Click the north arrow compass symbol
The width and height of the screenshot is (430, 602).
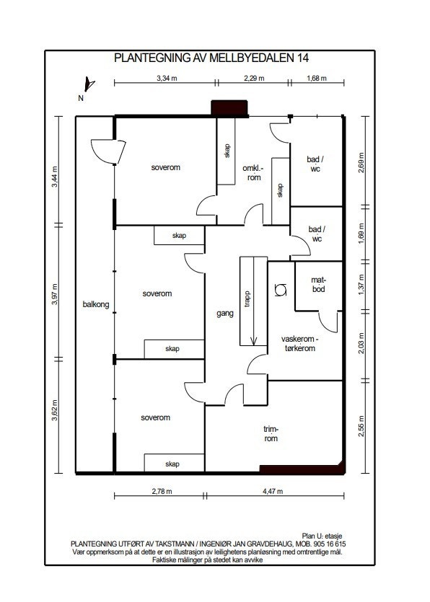(89, 84)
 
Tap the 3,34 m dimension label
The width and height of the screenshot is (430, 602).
(167, 79)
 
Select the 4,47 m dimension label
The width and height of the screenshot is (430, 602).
(273, 491)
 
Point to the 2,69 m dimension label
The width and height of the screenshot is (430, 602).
(361, 163)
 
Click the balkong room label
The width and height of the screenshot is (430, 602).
(96, 304)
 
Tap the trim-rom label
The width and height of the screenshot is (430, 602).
(271, 434)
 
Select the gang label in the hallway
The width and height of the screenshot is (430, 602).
(225, 314)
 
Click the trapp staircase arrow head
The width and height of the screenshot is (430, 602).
(253, 340)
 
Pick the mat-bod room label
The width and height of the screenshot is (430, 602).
(319, 285)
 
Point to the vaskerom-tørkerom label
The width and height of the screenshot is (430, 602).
(299, 344)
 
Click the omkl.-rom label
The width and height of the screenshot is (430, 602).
(253, 173)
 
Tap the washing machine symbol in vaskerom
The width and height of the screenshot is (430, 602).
(281, 290)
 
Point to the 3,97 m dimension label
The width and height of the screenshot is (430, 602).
(54, 294)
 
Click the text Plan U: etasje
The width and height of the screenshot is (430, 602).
(322, 536)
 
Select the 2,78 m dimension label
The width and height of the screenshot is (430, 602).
(162, 491)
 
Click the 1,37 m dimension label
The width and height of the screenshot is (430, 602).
(361, 285)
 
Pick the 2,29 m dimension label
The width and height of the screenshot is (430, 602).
(254, 79)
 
